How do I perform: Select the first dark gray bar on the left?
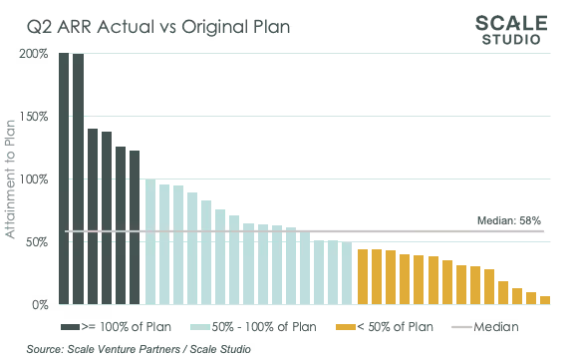(64, 179)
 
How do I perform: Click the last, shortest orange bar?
(544, 299)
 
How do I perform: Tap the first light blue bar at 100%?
(149, 241)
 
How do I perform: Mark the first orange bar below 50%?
(363, 276)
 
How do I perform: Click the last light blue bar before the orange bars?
(346, 272)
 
